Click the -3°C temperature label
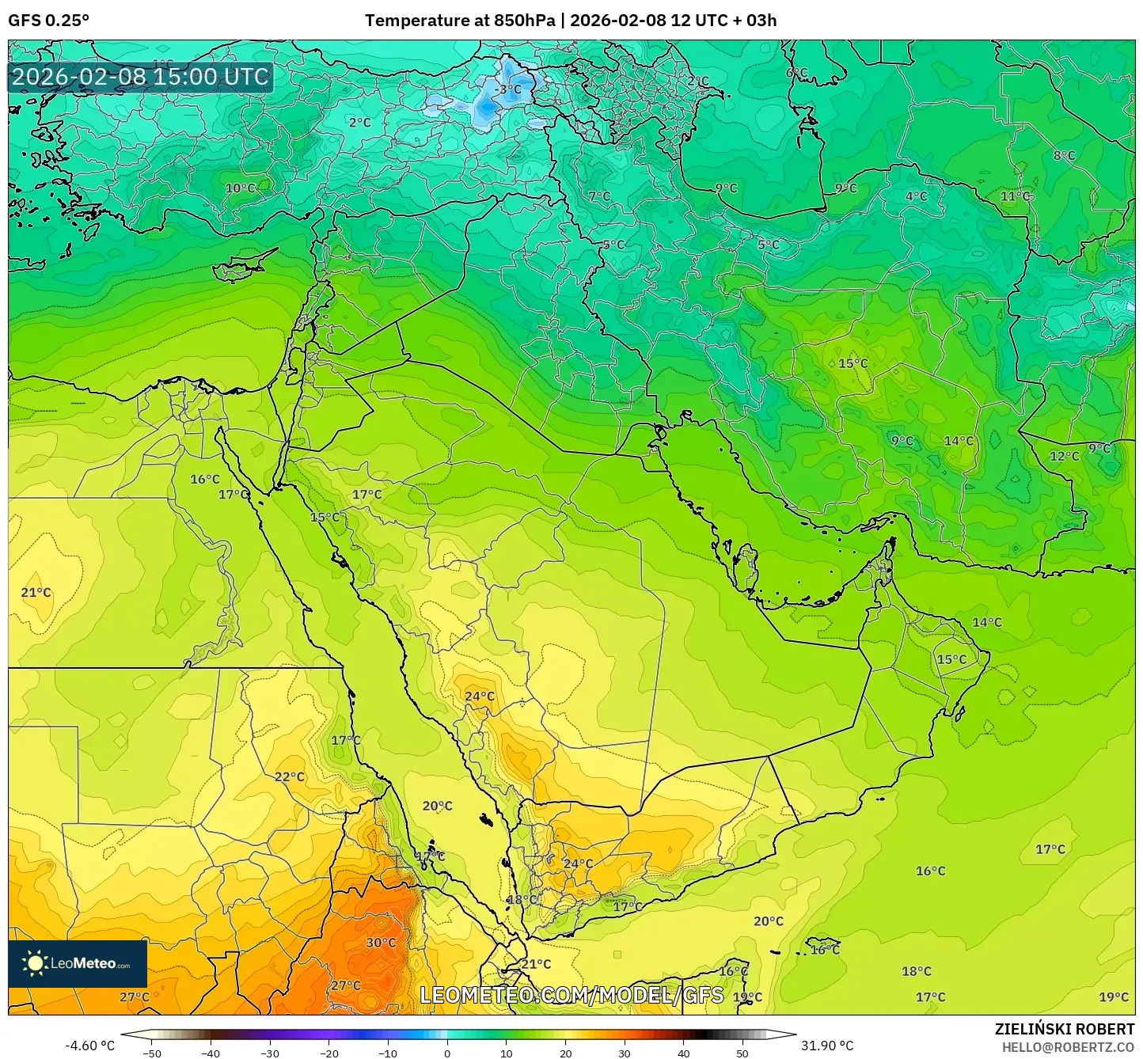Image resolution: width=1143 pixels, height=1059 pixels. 507,89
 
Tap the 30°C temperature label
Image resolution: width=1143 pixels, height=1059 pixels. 381,943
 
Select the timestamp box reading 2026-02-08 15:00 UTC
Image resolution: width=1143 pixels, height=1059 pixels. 141,77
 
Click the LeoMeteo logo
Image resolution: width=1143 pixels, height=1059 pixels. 78,963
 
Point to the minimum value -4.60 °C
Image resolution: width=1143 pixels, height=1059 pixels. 90,1046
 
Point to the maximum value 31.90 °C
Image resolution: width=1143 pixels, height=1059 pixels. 826,1046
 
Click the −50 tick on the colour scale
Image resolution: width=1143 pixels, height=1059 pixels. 151,1053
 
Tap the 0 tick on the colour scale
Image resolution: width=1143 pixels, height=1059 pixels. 447,1053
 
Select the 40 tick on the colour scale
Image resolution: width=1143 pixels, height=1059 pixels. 683,1053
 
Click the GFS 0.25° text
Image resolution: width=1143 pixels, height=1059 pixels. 49,21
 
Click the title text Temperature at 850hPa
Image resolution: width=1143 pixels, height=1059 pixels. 460,21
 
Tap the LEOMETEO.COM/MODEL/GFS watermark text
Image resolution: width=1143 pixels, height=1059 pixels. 571,995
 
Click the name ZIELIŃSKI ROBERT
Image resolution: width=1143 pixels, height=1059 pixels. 1064,1029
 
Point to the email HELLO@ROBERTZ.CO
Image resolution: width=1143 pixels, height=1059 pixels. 1068,1047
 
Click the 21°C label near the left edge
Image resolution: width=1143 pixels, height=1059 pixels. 36,593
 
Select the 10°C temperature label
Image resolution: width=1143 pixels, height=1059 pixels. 241,188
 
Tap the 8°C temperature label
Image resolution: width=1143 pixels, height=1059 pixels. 1064,156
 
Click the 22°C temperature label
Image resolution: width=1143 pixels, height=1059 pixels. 290,776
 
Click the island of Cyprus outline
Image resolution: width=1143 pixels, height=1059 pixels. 241,267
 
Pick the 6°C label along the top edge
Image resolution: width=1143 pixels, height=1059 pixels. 796,73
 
